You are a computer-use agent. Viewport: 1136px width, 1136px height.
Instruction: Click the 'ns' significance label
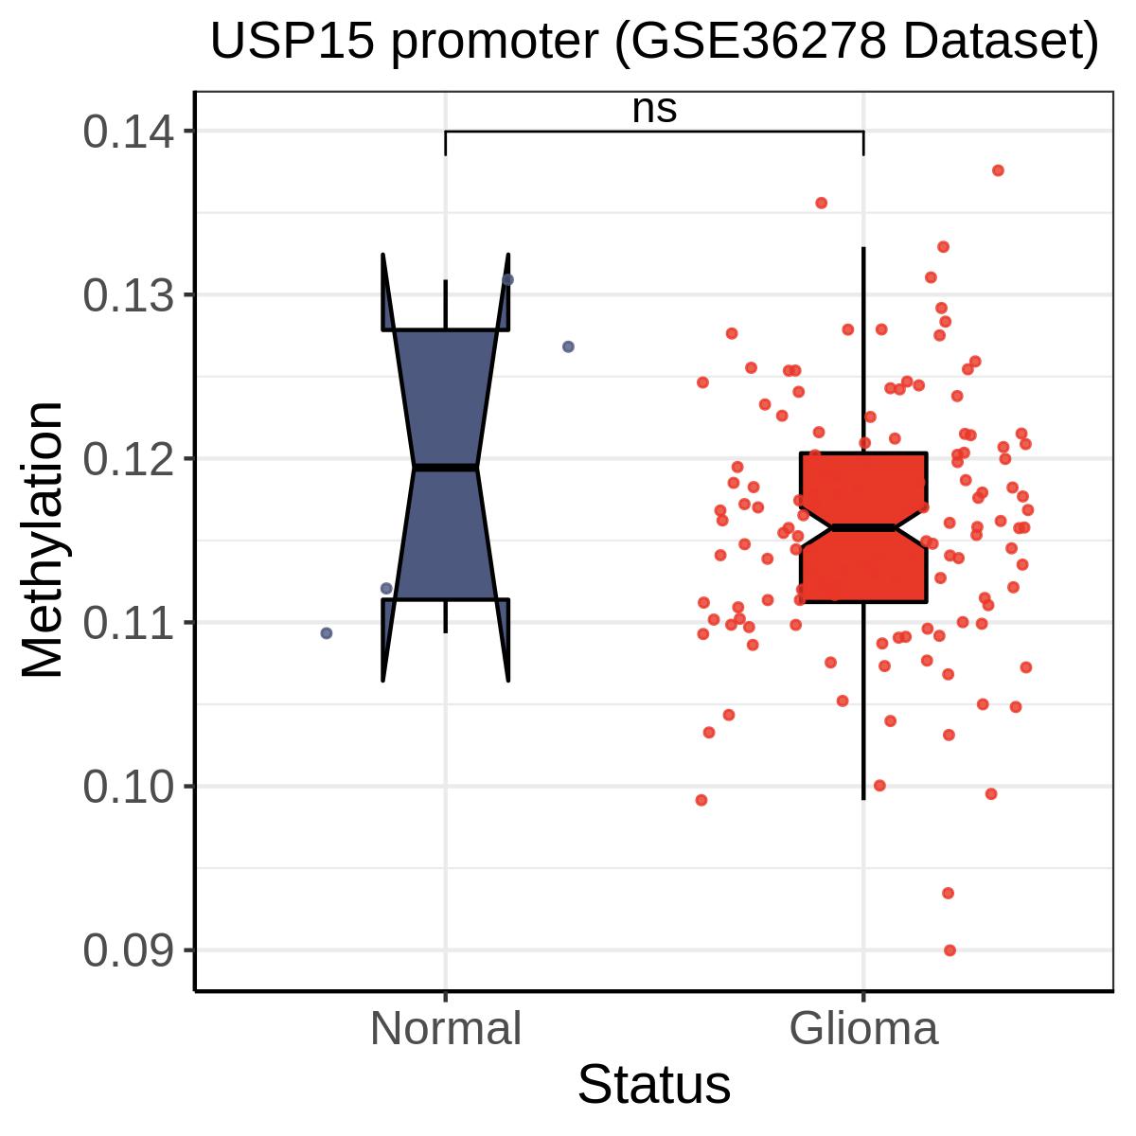pyautogui.click(x=654, y=110)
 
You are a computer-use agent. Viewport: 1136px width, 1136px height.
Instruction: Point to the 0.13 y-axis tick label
pyautogui.click(x=129, y=294)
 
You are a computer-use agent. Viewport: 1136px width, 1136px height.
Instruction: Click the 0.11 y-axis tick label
pyautogui.click(x=129, y=624)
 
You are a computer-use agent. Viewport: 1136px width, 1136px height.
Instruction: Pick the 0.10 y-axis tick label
pyautogui.click(x=129, y=788)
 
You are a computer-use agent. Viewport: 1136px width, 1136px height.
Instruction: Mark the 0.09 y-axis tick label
pyautogui.click(x=129, y=950)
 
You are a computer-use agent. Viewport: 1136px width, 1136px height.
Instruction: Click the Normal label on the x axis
pyautogui.click(x=446, y=1029)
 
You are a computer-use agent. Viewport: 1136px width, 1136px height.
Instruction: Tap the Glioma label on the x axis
pyautogui.click(x=863, y=1029)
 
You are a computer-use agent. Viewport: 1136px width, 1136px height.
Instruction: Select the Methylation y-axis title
pyautogui.click(x=43, y=540)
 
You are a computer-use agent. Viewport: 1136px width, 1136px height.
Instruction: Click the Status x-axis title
pyautogui.click(x=654, y=1085)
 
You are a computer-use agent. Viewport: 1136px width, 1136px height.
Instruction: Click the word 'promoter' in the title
pyautogui.click(x=494, y=44)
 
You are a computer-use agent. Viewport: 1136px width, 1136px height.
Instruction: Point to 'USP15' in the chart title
pyautogui.click(x=293, y=42)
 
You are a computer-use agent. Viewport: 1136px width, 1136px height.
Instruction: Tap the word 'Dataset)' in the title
pyautogui.click(x=1001, y=43)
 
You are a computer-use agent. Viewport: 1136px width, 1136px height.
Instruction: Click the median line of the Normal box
pyautogui.click(x=446, y=468)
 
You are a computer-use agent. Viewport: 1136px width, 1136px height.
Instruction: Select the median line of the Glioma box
pyautogui.click(x=863, y=527)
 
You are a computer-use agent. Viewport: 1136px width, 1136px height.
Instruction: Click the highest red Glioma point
pyautogui.click(x=998, y=170)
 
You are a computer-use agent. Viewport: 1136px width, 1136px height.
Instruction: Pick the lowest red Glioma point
pyautogui.click(x=950, y=950)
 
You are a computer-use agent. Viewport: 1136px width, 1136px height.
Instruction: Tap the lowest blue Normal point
pyautogui.click(x=326, y=632)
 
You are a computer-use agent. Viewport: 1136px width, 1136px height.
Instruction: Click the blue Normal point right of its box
pyautogui.click(x=568, y=346)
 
